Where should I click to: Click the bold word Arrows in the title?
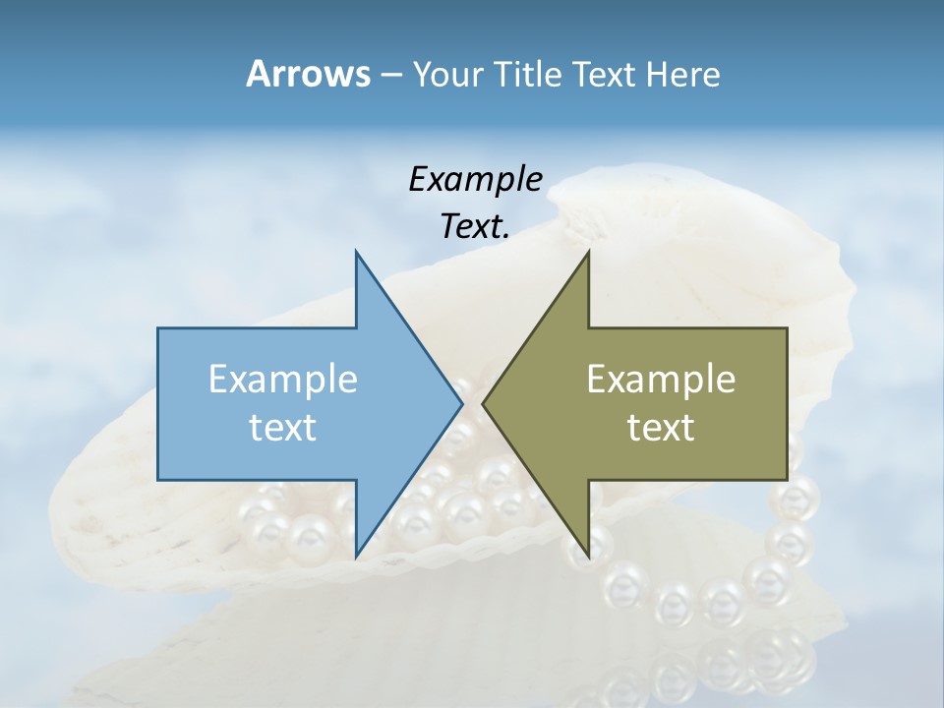point(308,74)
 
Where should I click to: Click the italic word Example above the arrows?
point(475,179)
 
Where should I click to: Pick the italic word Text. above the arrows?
point(475,226)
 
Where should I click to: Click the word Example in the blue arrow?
point(283,379)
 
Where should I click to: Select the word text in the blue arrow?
point(283,428)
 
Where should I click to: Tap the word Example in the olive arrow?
point(661,379)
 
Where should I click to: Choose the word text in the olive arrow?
point(661,428)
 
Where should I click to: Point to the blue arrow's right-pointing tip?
point(461,403)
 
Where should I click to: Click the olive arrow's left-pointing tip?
point(483,403)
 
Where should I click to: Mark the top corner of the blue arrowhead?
point(356,253)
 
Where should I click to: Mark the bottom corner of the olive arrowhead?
point(589,555)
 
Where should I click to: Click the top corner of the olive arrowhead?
point(589,253)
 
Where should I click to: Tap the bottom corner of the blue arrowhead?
point(356,555)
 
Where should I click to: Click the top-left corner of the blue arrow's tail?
point(158,328)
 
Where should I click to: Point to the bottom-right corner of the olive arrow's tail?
point(787,480)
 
